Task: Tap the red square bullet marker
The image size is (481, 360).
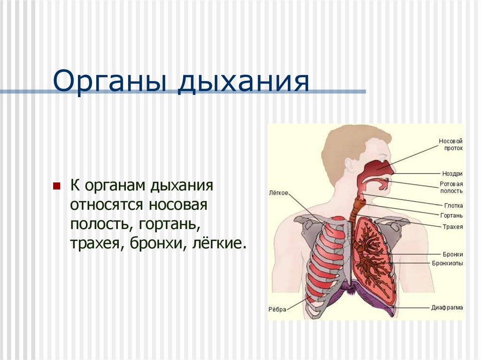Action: [57, 185]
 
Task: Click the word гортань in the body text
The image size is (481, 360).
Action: [169, 224]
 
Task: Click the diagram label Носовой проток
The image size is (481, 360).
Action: [450, 145]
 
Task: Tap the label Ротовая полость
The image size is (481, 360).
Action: [451, 187]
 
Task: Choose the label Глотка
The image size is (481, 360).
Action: [453, 206]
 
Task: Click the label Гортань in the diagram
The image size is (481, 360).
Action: [452, 215]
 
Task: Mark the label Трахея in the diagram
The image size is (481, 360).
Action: [453, 227]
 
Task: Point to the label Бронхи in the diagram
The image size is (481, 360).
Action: [453, 254]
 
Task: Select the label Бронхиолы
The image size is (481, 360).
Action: [448, 263]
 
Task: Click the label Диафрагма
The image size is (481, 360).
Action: [447, 308]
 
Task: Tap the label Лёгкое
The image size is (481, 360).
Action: [279, 192]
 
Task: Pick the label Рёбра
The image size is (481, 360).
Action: [277, 309]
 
